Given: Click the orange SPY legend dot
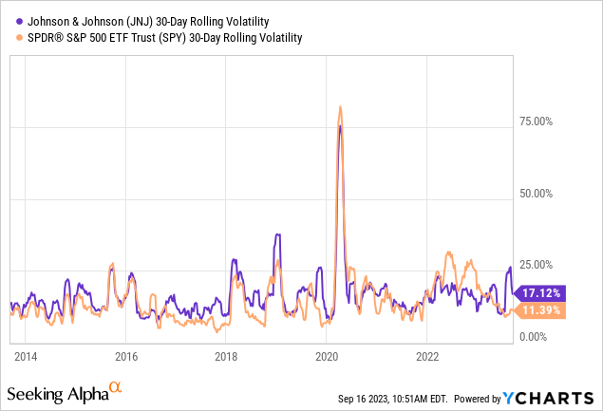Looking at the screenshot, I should click(x=9, y=38).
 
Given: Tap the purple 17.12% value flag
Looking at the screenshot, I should click(x=543, y=293).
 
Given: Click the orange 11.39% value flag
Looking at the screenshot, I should click(x=543, y=310).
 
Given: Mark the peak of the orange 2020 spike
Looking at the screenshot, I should click(x=340, y=106).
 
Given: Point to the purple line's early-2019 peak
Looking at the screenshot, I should click(x=277, y=234).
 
